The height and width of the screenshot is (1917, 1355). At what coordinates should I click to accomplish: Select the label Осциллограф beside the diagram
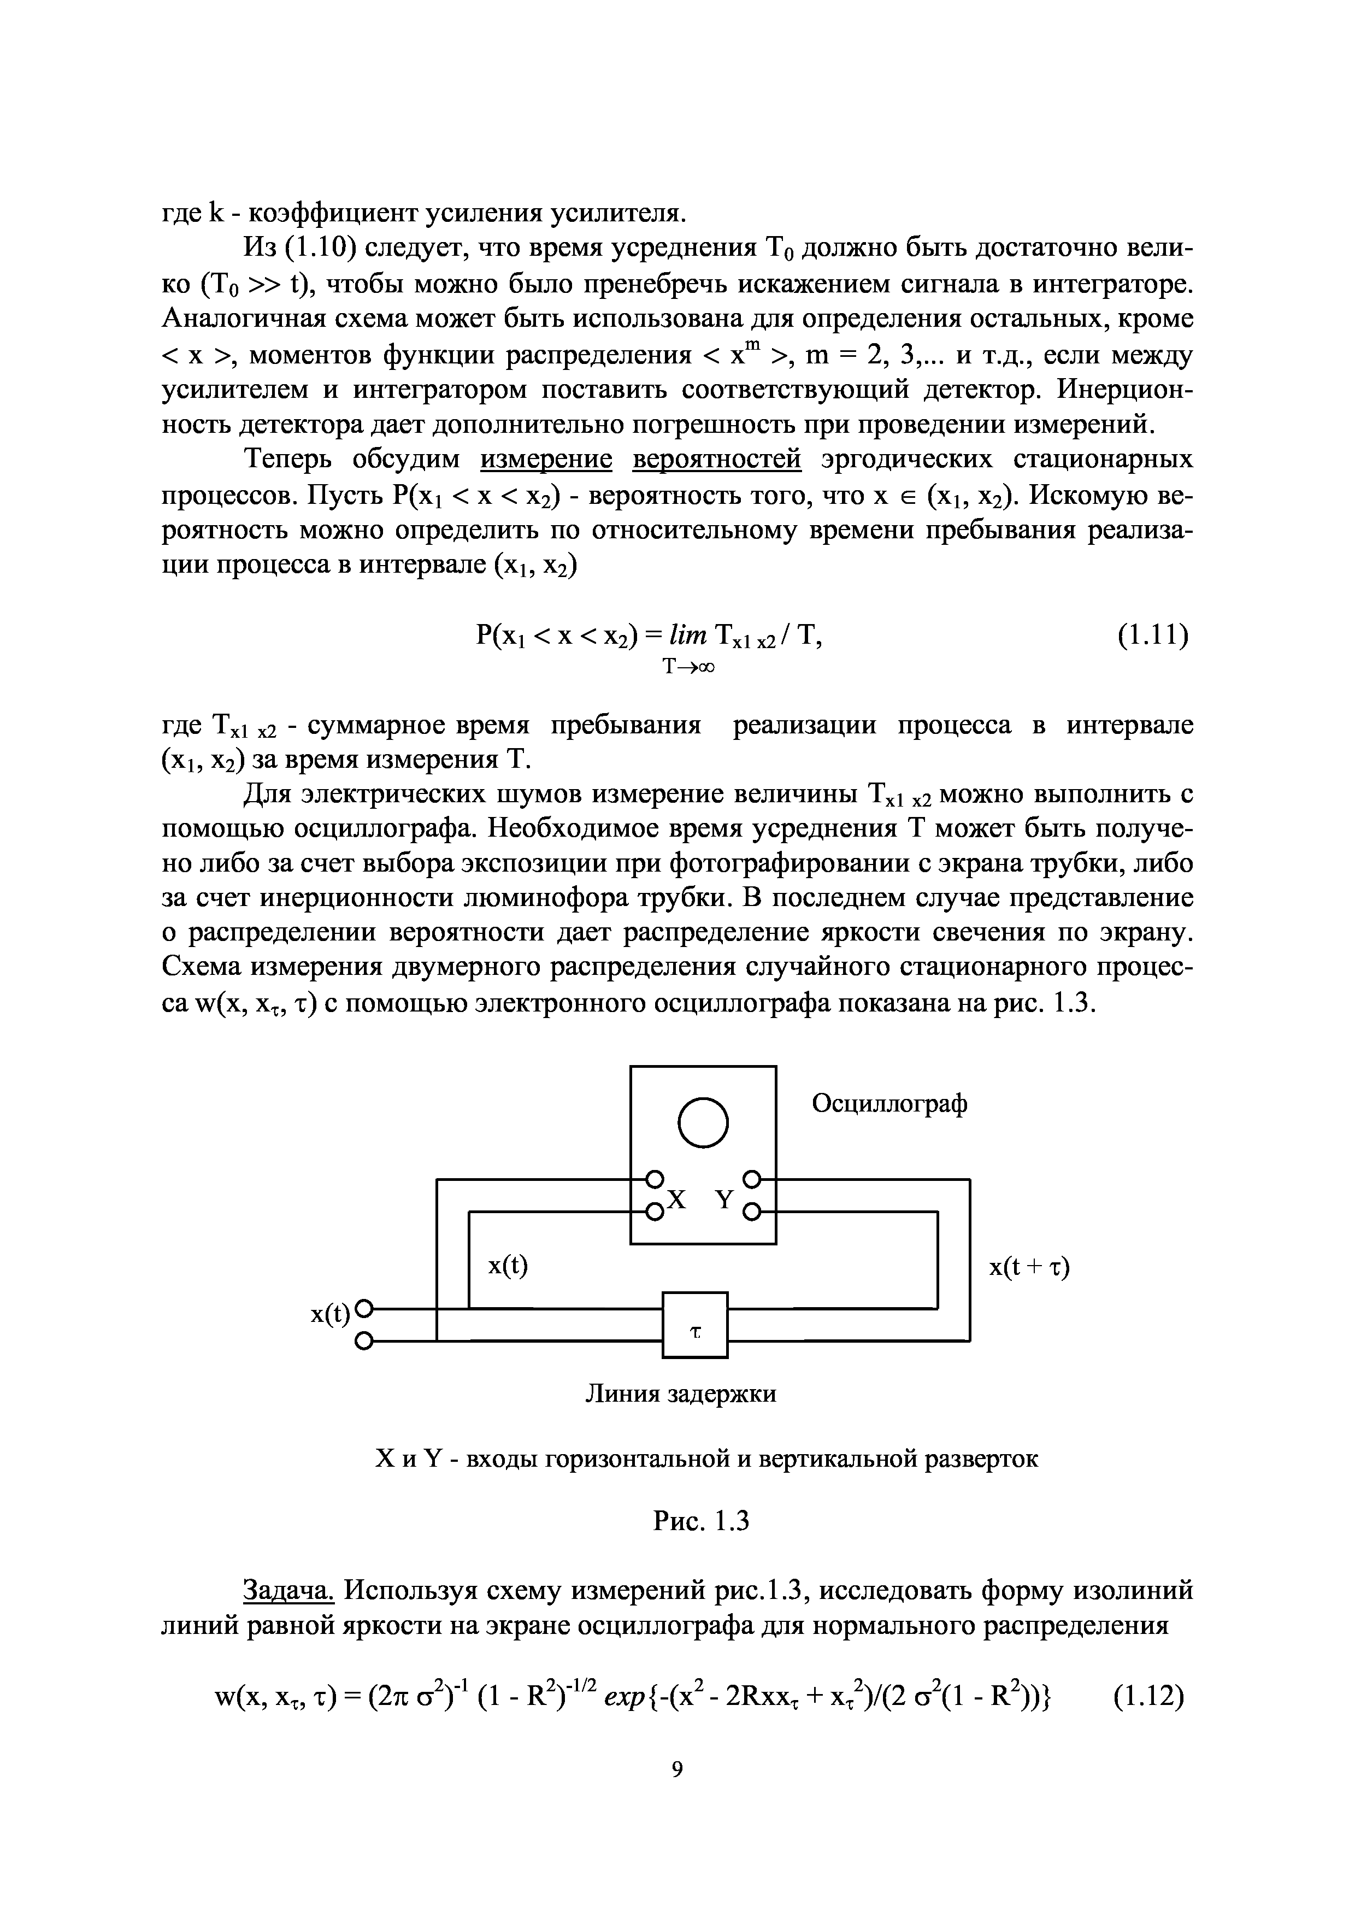(x=890, y=1104)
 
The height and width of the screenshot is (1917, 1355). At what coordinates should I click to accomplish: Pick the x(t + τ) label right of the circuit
(x=1029, y=1267)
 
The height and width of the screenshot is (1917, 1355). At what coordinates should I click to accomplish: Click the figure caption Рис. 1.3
(x=702, y=1522)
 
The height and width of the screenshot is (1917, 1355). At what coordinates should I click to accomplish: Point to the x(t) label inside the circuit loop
(x=509, y=1267)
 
